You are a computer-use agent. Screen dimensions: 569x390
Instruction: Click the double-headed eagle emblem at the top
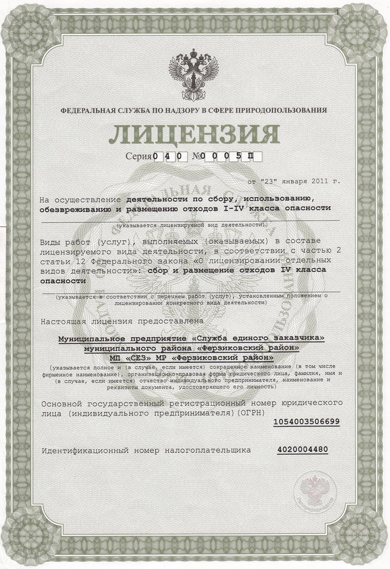pyautogui.click(x=193, y=77)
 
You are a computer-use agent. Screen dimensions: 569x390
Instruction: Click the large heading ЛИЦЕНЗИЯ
pyautogui.click(x=194, y=135)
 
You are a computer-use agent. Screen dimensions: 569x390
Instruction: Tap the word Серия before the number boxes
pyautogui.click(x=139, y=157)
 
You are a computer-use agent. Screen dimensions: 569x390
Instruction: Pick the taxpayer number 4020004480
pyautogui.click(x=303, y=450)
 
